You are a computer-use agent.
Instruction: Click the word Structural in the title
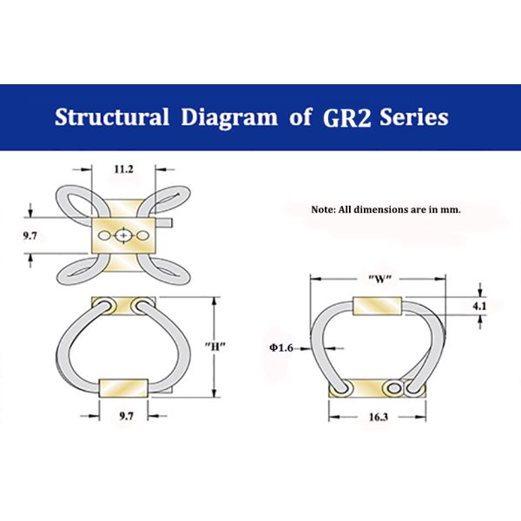click(111, 117)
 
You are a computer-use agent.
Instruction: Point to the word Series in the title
click(414, 117)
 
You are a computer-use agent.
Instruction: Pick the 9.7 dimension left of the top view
click(30, 234)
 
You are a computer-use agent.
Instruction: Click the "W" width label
click(379, 279)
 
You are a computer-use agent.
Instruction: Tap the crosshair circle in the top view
click(125, 235)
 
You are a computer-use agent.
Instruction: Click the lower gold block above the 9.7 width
click(125, 388)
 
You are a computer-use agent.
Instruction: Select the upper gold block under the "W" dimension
click(379, 306)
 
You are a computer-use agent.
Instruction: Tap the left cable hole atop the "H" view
click(102, 305)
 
